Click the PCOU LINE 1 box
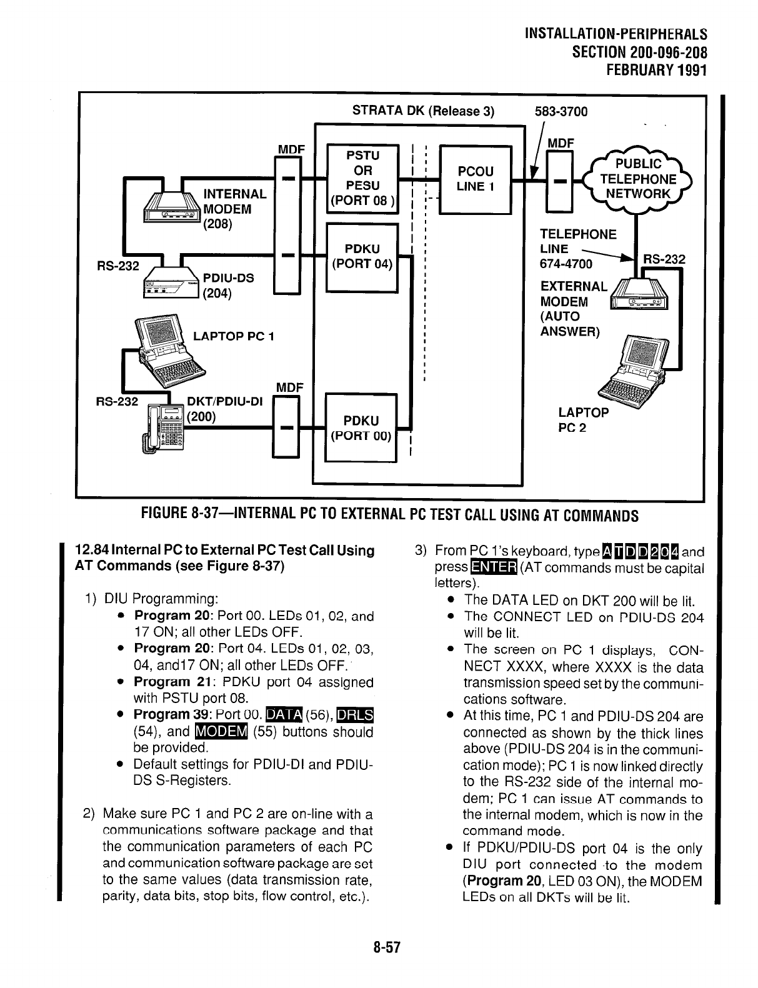coord(476,179)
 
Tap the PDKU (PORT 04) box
coord(362,256)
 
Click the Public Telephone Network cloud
coord(637,179)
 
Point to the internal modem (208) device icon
coord(172,206)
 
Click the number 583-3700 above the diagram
coord(561,112)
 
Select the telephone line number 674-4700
coord(566,264)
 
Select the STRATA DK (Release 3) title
coord(423,112)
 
